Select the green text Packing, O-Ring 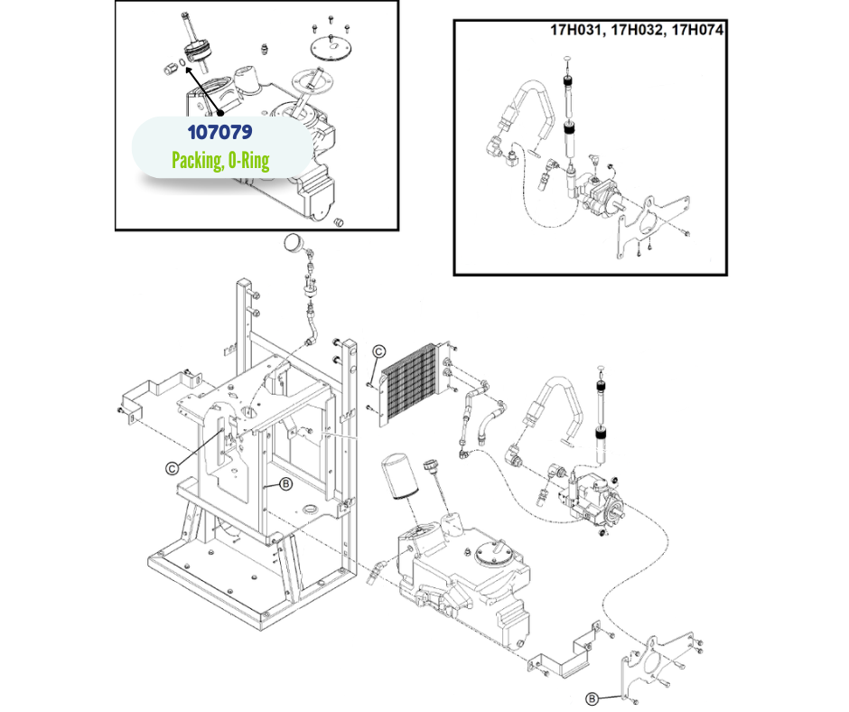221,161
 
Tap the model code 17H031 578,29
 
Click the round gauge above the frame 294,243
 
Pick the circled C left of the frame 171,467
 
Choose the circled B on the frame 285,484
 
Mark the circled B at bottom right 592,698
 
